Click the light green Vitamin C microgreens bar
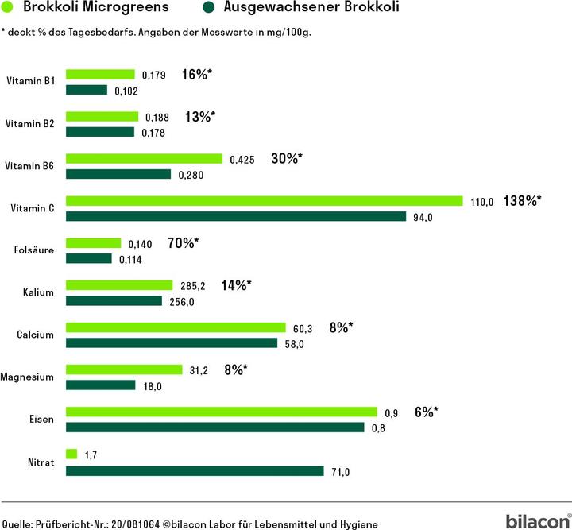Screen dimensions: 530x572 pyautogui.click(x=264, y=201)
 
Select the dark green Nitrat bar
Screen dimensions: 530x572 pyautogui.click(x=195, y=471)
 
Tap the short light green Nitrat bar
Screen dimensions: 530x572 pyautogui.click(x=71, y=454)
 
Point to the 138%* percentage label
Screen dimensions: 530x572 pyautogui.click(x=522, y=201)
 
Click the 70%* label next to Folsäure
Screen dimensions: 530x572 pyautogui.click(x=183, y=243)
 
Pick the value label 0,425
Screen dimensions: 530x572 pyautogui.click(x=242, y=159)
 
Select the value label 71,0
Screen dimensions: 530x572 pyautogui.click(x=339, y=472)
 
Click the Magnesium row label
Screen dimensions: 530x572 pyautogui.click(x=28, y=377)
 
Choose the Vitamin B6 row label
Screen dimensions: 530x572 pyautogui.click(x=30, y=166)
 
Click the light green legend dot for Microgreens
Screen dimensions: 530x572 pyautogui.click(x=10, y=9)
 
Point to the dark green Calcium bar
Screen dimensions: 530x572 pyautogui.click(x=171, y=343)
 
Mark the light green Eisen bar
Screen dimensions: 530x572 pyautogui.click(x=221, y=412)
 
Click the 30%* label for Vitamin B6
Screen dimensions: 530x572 pyautogui.click(x=287, y=159)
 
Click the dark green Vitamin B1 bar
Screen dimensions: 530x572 pyautogui.click(x=86, y=90)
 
